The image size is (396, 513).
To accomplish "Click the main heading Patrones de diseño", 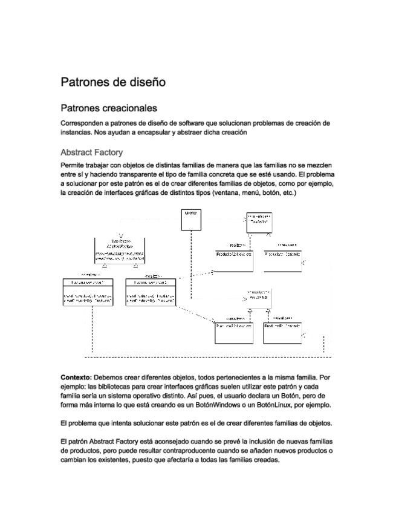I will (113, 81).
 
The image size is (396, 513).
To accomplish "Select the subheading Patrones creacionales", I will (109, 108).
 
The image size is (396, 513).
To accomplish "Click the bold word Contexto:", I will (77, 376).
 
